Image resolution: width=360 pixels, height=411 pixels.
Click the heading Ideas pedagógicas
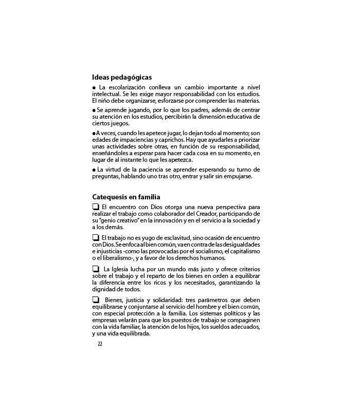pyautogui.click(x=122, y=78)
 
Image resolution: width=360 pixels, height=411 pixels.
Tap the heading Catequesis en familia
pyautogui.click(x=126, y=197)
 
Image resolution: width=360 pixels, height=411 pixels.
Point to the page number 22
pyautogui.click(x=100, y=344)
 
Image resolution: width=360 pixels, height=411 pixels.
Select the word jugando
pyautogui.click(x=136, y=110)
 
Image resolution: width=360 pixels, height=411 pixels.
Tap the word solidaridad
pyautogui.click(x=162, y=300)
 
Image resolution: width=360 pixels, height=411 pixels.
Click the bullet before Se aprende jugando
pyautogui.click(x=94, y=110)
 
